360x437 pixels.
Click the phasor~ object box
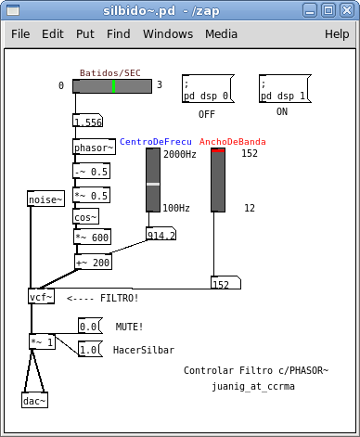94,147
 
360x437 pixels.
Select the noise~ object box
45,199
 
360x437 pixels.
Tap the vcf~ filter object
42,296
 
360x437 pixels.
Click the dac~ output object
34,400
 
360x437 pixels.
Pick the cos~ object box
85,216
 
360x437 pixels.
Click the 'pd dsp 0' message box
208,89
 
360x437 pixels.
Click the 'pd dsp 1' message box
285,89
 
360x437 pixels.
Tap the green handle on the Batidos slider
114,86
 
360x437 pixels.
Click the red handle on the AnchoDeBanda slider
218,150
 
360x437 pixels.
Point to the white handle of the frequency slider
153,185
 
